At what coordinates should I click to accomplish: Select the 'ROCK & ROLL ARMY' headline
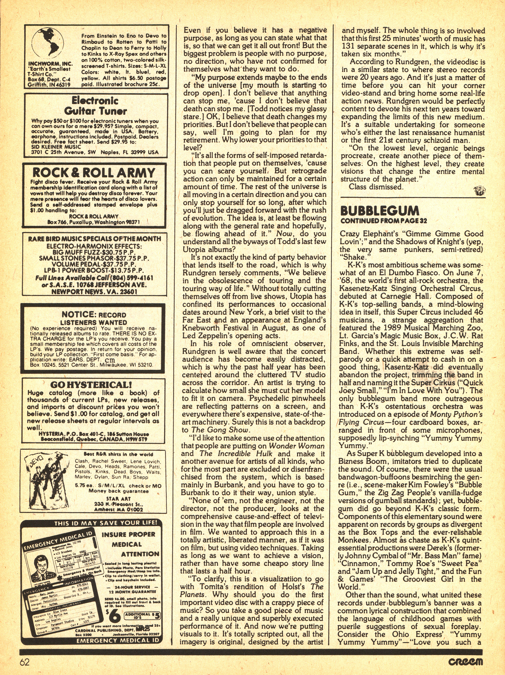pos(94,173)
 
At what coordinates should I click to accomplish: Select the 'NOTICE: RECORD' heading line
pos(94,314)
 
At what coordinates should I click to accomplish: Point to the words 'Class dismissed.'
pos(376,187)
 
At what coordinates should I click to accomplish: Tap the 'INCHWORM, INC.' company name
pos(50,64)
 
